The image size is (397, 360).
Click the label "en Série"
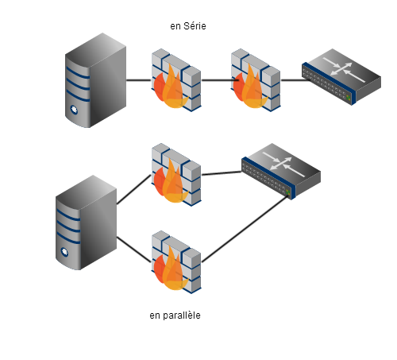pos(188,26)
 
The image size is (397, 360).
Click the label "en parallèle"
pos(175,315)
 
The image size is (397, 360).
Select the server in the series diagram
pos(95,80)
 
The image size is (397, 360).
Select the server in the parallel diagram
pos(86,223)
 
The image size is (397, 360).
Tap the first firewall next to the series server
pos(176,79)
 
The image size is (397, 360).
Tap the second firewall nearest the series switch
pos(256,79)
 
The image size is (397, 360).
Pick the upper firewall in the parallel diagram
pos(176,175)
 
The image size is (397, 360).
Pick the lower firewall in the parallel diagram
pos(176,261)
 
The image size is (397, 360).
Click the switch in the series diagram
pos(341,77)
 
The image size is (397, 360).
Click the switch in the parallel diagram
pos(281,172)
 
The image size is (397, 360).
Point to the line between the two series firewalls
pos(218,79)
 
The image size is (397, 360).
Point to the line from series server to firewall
pos(139,79)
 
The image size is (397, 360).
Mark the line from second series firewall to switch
pos(295,79)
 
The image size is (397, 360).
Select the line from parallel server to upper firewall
pos(134,189)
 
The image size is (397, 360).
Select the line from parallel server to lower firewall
pos(134,250)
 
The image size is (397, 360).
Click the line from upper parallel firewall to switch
pos(222,173)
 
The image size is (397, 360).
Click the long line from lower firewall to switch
pos(245,229)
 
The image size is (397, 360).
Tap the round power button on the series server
pos(74,110)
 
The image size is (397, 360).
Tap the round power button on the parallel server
pos(64,252)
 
